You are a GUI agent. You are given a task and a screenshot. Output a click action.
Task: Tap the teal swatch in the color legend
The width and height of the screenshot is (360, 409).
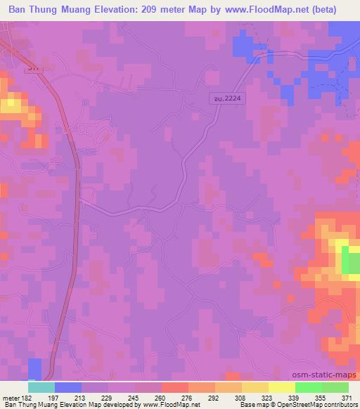coord(41,387)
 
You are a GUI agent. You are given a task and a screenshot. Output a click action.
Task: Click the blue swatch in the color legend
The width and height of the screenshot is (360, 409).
coord(68,387)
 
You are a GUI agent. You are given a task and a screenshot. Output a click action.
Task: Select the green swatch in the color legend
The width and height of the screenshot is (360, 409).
coord(309,387)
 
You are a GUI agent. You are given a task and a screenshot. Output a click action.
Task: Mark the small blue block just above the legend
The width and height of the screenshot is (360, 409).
coord(35,369)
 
